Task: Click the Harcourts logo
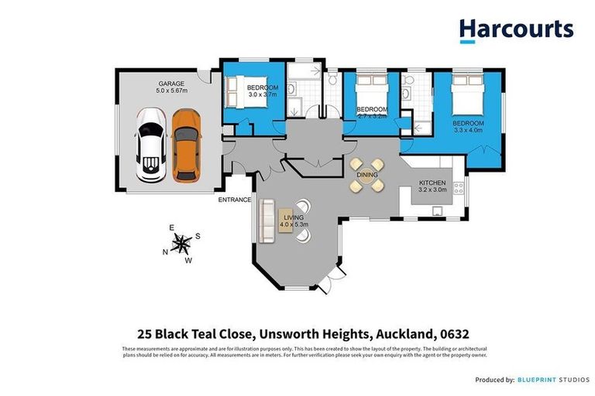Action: click(x=516, y=30)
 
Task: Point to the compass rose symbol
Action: click(x=181, y=244)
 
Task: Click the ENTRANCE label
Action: click(x=235, y=200)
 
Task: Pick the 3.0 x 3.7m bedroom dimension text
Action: click(x=263, y=94)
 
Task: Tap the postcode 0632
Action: click(x=473, y=334)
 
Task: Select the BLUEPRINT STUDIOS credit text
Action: click(x=550, y=379)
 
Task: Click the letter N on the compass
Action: click(x=164, y=251)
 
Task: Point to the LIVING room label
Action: click(x=294, y=218)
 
